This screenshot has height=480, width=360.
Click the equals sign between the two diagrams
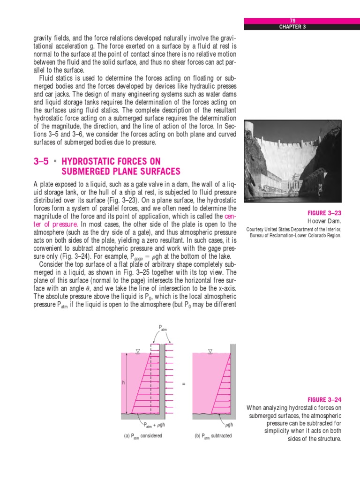(184, 384)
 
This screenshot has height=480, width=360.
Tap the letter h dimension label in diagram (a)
(123, 383)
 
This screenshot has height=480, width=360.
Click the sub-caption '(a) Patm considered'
(143, 436)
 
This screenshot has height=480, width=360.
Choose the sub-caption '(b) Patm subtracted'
(213, 436)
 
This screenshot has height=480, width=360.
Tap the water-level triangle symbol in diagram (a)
(137, 351)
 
